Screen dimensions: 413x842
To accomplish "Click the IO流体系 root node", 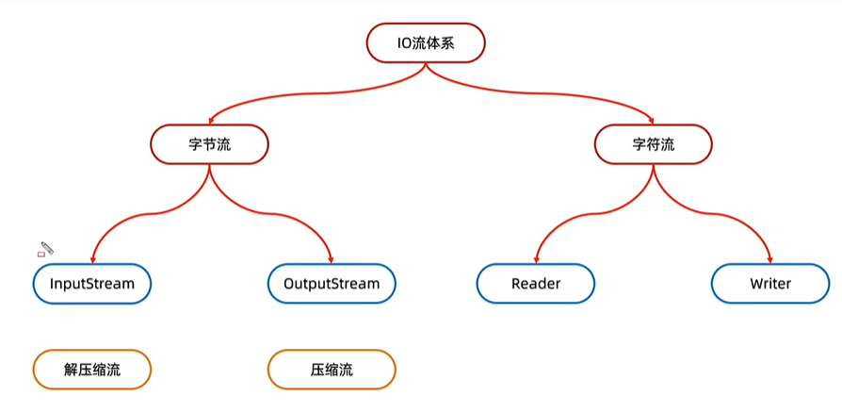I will [426, 42].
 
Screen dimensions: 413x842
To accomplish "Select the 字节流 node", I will [209, 144].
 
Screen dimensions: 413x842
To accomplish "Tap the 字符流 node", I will [653, 144].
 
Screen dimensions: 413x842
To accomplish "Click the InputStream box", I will [91, 284].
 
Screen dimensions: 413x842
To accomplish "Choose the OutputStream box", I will [332, 284].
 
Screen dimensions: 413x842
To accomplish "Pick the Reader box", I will [536, 284].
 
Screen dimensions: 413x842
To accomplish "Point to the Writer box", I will [770, 284].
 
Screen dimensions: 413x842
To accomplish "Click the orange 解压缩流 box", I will [91, 370].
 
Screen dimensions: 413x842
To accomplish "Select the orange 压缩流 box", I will [332, 370].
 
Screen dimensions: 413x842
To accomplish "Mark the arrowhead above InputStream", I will [92, 260].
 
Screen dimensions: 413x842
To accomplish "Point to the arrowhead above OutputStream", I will [332, 260].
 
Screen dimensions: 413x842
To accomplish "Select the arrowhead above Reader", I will [536, 260].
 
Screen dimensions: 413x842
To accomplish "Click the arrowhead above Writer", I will [770, 260].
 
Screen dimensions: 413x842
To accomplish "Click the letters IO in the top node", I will [404, 42].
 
